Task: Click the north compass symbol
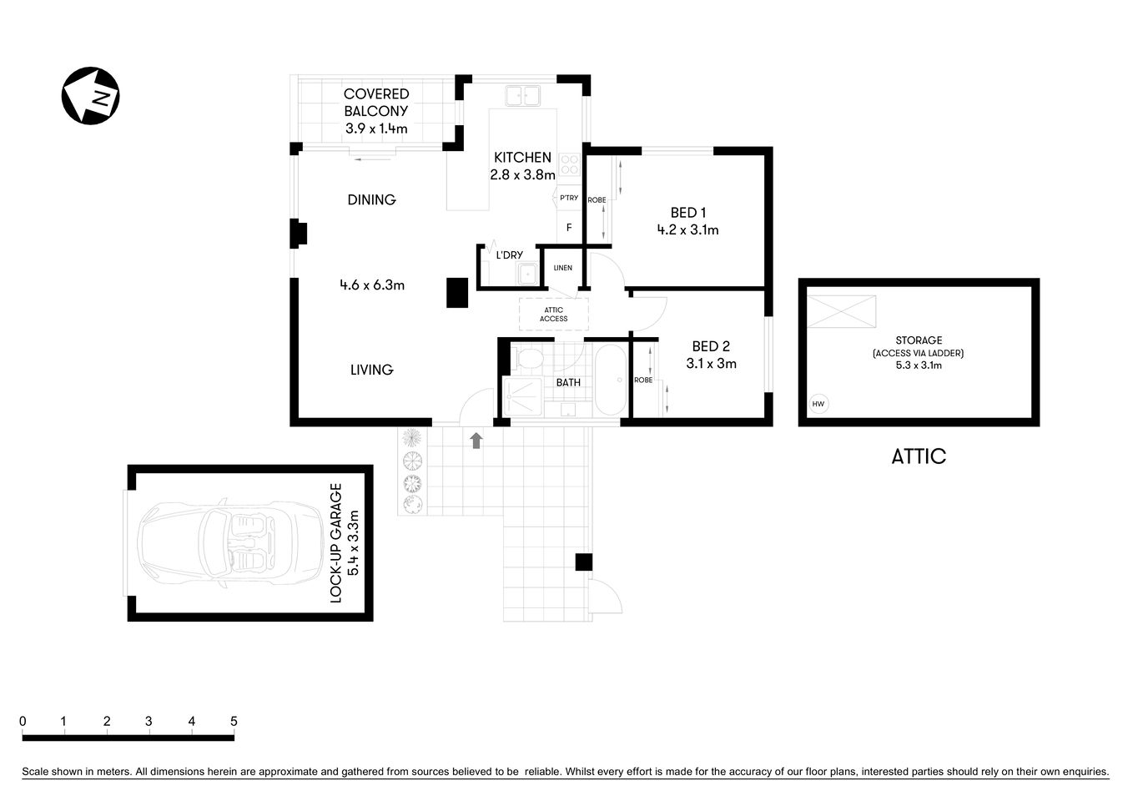click(x=90, y=96)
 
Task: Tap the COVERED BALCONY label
click(x=376, y=103)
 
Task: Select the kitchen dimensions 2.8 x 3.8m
click(x=522, y=175)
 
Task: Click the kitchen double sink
click(x=522, y=95)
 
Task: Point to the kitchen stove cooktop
click(x=570, y=164)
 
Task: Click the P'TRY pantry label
click(x=569, y=198)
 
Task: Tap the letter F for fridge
click(x=569, y=228)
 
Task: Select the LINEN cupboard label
click(x=563, y=268)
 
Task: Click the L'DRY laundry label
click(x=509, y=255)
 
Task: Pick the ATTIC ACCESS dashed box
click(x=553, y=315)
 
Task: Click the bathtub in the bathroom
click(x=610, y=380)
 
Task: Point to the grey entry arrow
click(x=476, y=441)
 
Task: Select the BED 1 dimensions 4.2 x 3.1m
click(x=687, y=230)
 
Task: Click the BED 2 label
click(x=711, y=346)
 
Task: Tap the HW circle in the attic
click(x=818, y=405)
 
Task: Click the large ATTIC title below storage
click(x=919, y=456)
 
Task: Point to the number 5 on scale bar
click(x=234, y=722)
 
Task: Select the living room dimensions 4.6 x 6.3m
click(x=372, y=285)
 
